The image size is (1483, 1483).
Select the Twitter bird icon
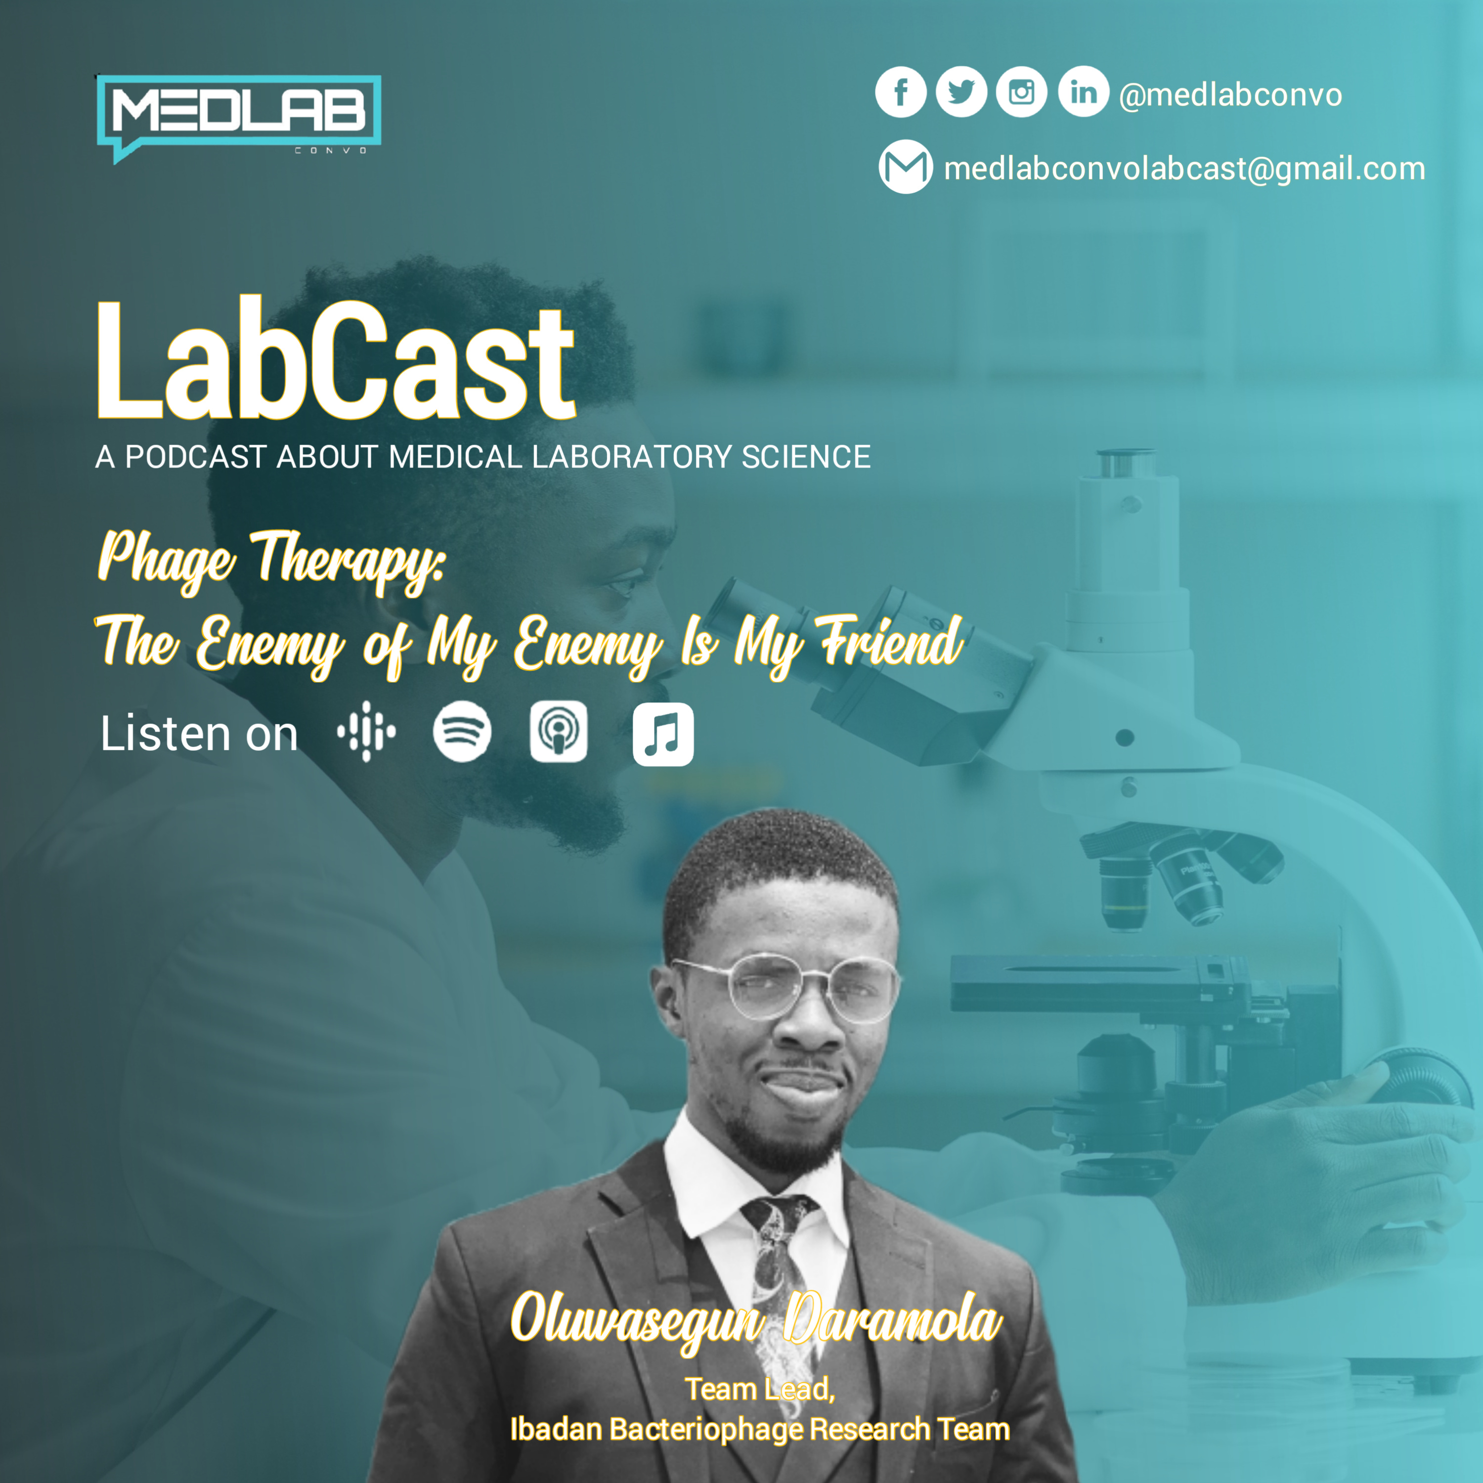(x=961, y=92)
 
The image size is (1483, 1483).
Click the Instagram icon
(x=1022, y=92)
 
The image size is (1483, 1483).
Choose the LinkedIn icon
(x=1083, y=91)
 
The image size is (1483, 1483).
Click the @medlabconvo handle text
(x=1230, y=95)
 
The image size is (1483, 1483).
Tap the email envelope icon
(x=906, y=167)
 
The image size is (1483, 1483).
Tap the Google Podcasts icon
(x=367, y=732)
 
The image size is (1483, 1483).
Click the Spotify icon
(x=462, y=732)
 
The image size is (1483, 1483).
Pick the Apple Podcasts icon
(x=559, y=732)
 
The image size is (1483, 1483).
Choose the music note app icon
(x=663, y=735)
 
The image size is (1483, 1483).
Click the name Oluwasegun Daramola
(x=757, y=1319)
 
